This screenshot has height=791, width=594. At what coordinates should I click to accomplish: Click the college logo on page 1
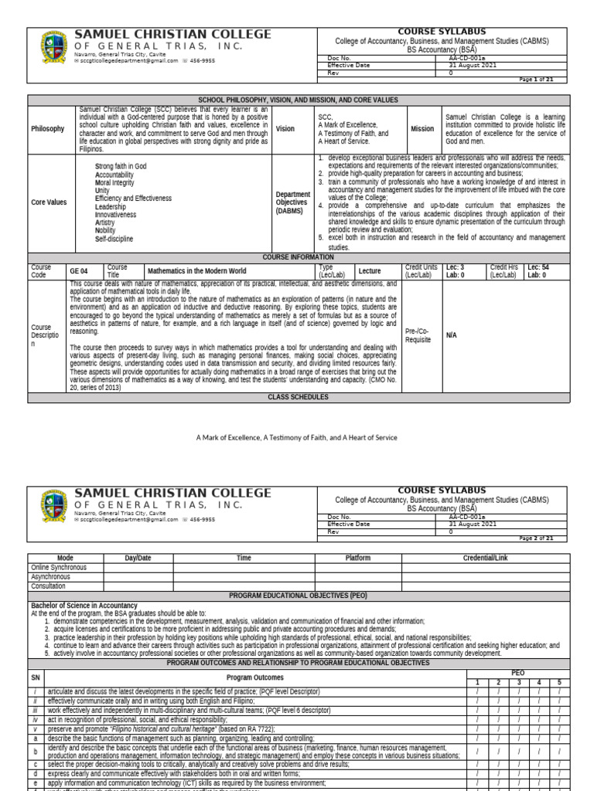tap(53, 49)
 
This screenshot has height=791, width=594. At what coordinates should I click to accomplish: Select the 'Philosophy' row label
tap(47, 129)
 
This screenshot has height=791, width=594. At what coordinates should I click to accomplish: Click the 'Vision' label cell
tap(285, 129)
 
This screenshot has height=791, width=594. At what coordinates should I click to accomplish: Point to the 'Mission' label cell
tap(422, 129)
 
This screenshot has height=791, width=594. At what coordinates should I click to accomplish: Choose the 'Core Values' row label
tap(48, 202)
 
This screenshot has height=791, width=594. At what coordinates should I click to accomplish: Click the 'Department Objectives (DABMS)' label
tap(293, 202)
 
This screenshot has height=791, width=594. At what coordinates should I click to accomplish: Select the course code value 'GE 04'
tap(79, 272)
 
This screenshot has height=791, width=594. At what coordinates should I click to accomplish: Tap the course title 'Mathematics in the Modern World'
tap(196, 272)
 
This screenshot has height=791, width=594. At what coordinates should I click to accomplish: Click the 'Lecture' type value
tap(370, 272)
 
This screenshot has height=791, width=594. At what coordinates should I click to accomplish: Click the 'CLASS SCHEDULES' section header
tap(299, 397)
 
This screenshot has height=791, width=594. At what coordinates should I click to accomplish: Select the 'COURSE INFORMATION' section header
tap(299, 256)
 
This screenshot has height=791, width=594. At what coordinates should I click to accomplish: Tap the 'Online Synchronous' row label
tap(58, 567)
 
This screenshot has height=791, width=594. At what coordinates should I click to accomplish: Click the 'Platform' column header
tap(357, 558)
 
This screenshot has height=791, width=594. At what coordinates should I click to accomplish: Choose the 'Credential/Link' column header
tap(485, 558)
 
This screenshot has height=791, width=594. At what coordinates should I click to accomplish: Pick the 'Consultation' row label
tap(48, 586)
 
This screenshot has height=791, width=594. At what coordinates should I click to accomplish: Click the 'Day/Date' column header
tap(138, 558)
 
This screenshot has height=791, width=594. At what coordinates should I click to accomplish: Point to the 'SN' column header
tap(35, 677)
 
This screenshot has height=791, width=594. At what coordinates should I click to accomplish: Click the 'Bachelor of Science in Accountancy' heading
tap(84, 606)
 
